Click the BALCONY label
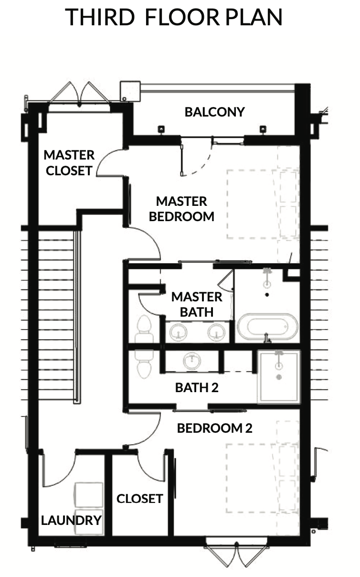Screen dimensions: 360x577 [214, 112]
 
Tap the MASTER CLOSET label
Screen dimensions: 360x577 [69, 163]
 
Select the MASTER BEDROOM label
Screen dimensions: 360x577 [181, 209]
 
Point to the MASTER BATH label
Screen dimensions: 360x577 [197, 304]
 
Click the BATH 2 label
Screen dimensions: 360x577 [197, 387]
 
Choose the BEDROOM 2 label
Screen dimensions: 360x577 [214, 428]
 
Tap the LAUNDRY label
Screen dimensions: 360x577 [71, 520]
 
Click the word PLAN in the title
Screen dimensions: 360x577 [254, 17]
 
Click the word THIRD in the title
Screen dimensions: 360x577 [100, 17]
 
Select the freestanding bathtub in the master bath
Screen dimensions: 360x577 [267, 326]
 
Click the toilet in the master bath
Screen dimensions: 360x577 [144, 329]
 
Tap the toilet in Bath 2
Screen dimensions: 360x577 [144, 364]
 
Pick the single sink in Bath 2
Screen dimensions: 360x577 [192, 361]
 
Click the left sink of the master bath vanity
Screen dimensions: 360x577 [179, 332]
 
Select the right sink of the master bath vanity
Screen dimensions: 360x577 [217, 332]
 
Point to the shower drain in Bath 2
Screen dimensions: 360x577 [279, 377]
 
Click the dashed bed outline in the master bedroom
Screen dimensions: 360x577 [263, 204]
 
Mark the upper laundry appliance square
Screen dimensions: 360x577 [89, 495]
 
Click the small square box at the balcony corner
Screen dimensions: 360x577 [130, 91]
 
